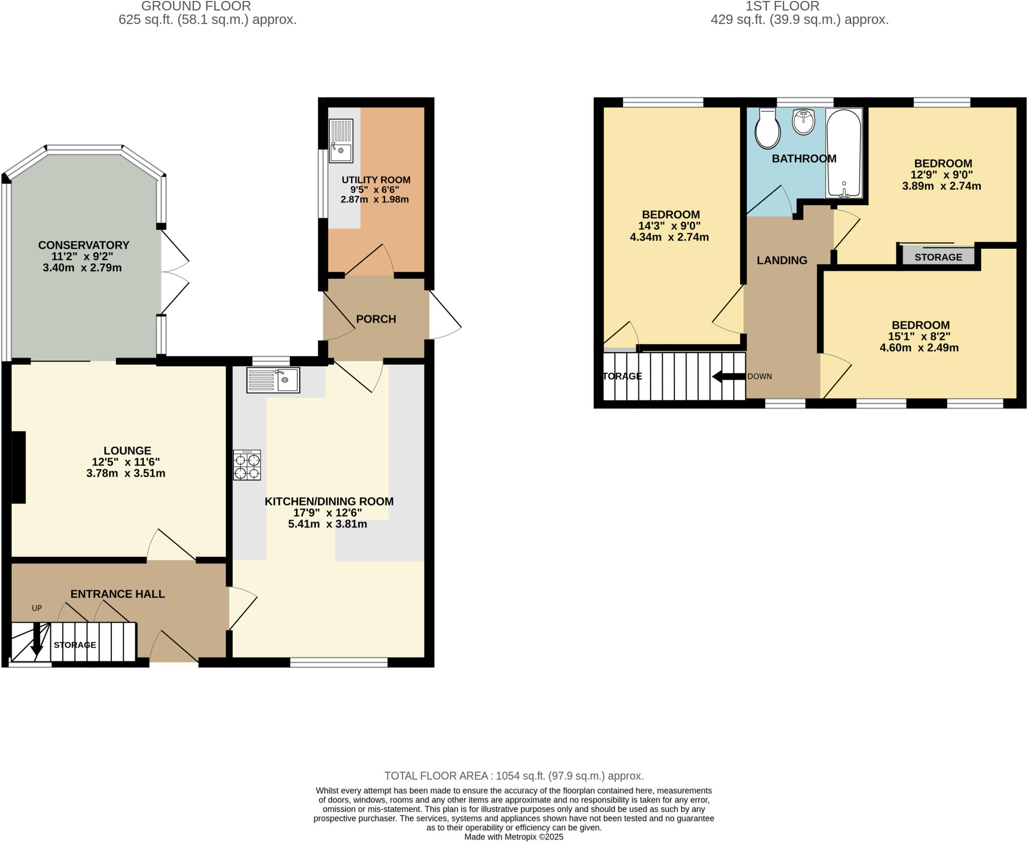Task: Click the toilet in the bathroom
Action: [x=767, y=129]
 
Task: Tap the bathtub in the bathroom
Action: [x=844, y=153]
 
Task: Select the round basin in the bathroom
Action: [x=804, y=122]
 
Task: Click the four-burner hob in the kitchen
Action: [x=247, y=465]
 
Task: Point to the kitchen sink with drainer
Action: [x=273, y=380]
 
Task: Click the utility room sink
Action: [x=341, y=141]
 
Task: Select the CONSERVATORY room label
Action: [x=84, y=245]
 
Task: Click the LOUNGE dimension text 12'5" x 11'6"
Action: [x=126, y=462]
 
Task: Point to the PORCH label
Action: [x=376, y=319]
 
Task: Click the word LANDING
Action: [x=782, y=260]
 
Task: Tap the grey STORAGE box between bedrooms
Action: [x=938, y=257]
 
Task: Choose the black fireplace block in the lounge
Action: [x=19, y=467]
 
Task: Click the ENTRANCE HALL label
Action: [x=117, y=594]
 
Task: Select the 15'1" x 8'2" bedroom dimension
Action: [x=920, y=336]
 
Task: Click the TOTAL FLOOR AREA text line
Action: [x=513, y=776]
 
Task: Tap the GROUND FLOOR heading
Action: [x=196, y=7]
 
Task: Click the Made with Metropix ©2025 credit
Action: [x=513, y=837]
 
